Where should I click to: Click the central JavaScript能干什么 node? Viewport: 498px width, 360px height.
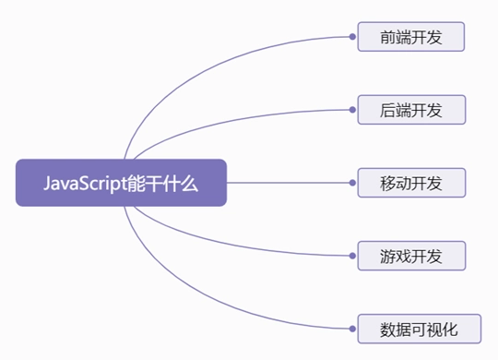point(121,183)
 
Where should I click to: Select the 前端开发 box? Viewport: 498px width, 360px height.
point(411,38)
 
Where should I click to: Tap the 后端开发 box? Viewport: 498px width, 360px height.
point(411,111)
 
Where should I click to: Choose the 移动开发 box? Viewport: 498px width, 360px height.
point(411,183)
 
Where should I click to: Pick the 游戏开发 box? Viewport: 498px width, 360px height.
point(411,255)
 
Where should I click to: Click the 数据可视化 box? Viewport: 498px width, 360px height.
point(419,328)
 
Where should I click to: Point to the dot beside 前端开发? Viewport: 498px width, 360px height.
point(353,38)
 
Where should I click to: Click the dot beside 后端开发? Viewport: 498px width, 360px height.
point(353,111)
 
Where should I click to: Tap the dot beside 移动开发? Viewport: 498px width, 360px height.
point(353,183)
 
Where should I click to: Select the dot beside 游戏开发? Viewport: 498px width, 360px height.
point(353,255)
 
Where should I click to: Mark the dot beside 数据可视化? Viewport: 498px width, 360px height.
point(353,328)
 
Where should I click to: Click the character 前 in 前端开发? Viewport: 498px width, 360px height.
point(387,38)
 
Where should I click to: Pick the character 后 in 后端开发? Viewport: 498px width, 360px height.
point(387,111)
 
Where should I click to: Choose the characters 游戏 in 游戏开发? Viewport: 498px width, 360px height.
point(396,255)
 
